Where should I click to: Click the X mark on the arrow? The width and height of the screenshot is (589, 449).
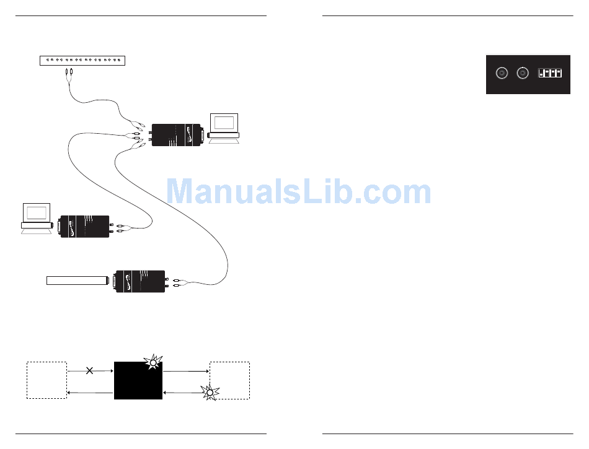(x=90, y=370)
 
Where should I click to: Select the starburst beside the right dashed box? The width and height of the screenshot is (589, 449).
(x=210, y=392)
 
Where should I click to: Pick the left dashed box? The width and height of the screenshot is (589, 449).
(x=46, y=380)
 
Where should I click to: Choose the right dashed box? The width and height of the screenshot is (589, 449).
(x=230, y=380)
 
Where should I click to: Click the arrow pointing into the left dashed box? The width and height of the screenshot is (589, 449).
(x=91, y=392)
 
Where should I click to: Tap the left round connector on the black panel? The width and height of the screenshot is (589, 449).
(x=502, y=74)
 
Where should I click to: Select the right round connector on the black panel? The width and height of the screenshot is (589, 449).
(x=523, y=74)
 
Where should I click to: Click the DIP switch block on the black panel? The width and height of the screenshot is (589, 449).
(x=550, y=74)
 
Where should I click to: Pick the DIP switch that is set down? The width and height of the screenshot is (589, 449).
(x=541, y=74)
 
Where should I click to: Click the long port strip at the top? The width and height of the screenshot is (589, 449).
(x=82, y=60)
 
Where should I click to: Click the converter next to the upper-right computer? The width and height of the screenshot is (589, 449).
(x=176, y=135)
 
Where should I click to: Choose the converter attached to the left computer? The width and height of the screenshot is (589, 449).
(x=84, y=227)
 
